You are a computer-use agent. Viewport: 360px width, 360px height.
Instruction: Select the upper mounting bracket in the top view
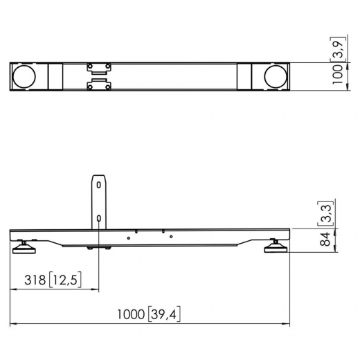click(98, 68)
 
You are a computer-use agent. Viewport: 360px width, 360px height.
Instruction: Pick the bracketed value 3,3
click(324, 215)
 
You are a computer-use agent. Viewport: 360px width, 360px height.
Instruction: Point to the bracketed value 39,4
click(163, 316)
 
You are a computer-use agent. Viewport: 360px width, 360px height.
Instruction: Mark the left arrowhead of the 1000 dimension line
click(13, 325)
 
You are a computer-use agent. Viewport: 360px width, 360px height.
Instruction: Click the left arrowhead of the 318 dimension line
click(13, 289)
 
